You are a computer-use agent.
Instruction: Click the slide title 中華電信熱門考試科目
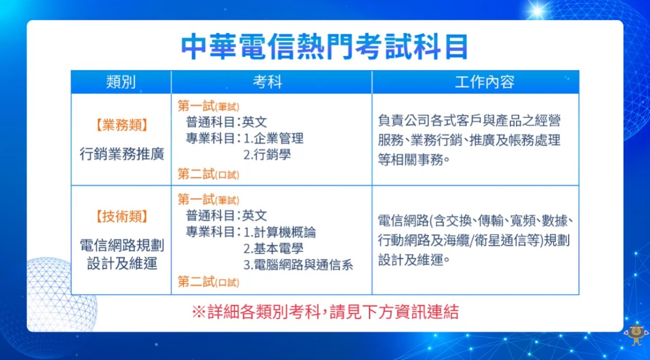[324, 47]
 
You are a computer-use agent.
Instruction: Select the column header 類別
[121, 83]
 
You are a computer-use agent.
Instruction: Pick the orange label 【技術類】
[121, 216]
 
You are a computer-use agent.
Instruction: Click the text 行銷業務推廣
[122, 154]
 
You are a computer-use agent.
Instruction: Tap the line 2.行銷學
[267, 154]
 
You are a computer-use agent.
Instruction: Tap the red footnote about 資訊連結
[325, 312]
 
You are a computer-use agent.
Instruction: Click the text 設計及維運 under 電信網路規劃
[122, 264]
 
